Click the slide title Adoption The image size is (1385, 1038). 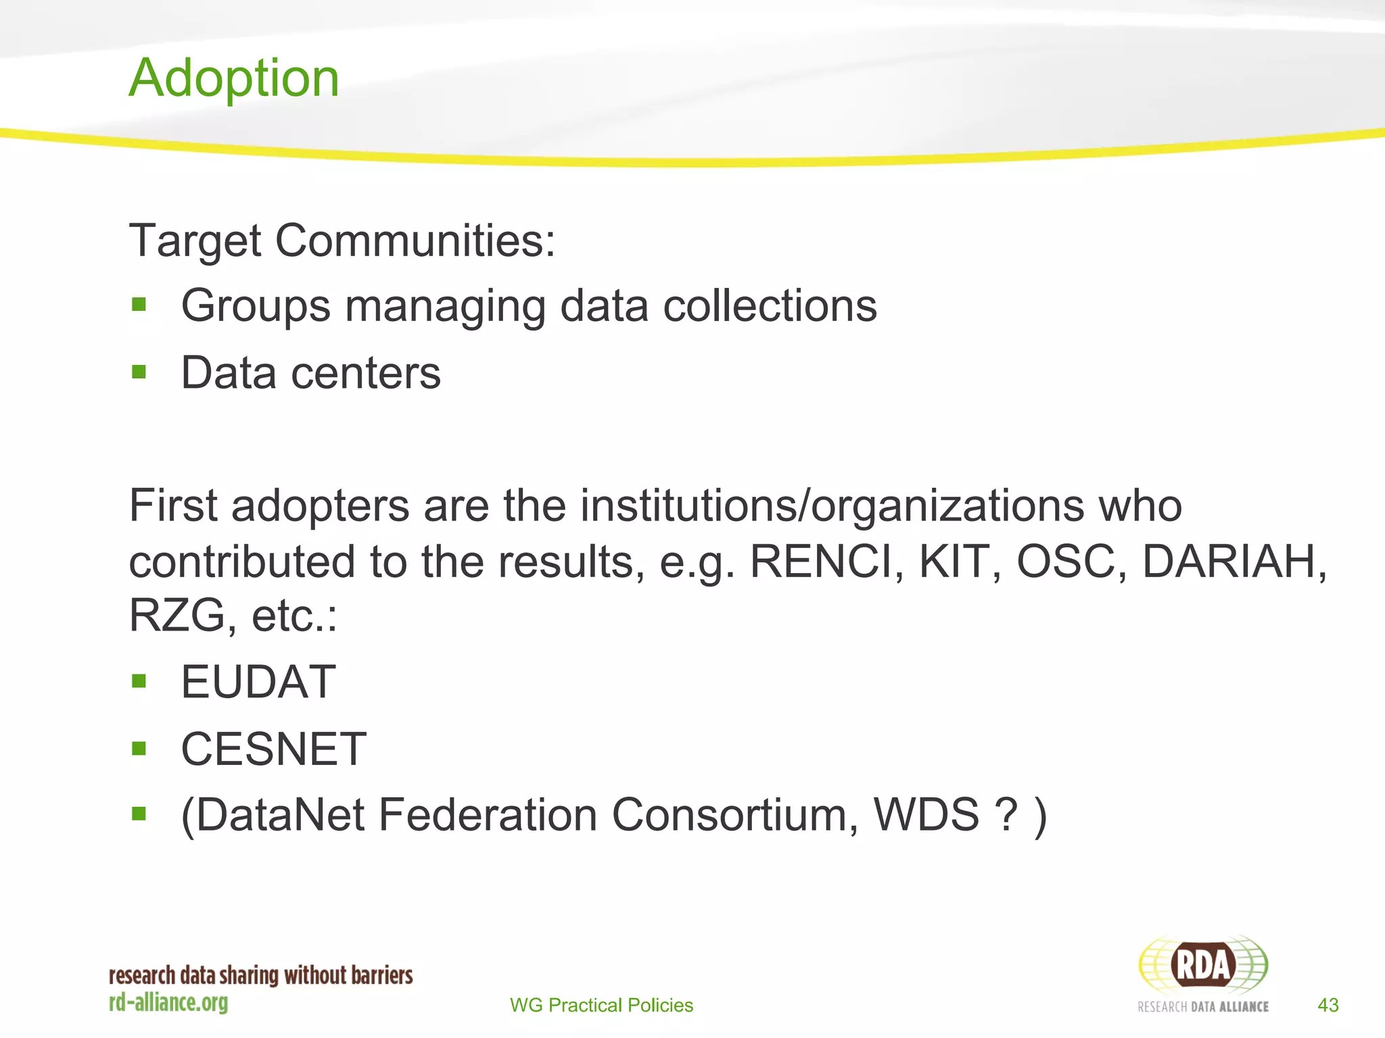[234, 78]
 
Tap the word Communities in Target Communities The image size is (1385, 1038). [415, 241]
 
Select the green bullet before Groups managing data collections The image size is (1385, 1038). [139, 305]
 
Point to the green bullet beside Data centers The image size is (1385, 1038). [139, 372]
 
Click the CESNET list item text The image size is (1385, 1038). [273, 749]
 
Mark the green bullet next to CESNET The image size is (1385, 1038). [139, 748]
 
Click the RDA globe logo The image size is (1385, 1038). [1203, 965]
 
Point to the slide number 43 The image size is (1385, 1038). [1328, 1005]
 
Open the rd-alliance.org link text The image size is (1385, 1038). [168, 1002]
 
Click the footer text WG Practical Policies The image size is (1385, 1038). [601, 1005]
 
